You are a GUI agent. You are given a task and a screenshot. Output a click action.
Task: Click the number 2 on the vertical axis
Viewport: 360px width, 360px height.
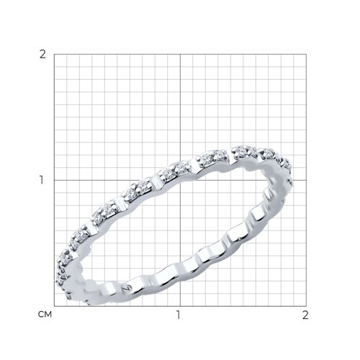[42, 55]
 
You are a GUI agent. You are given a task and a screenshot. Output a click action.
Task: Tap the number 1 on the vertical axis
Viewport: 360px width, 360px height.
[42, 180]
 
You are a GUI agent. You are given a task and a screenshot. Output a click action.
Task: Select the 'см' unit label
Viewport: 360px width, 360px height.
[45, 315]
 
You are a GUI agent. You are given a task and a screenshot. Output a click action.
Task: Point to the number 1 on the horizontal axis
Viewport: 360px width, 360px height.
[178, 315]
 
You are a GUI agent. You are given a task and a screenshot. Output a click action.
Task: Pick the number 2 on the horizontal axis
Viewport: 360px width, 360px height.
[305, 315]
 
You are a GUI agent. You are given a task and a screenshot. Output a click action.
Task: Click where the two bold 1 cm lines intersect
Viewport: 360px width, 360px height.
[180, 180]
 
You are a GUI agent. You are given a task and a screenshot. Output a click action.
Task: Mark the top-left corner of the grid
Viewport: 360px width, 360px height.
[54, 54]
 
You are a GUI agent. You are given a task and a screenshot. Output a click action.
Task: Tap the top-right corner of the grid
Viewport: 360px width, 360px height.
[306, 54]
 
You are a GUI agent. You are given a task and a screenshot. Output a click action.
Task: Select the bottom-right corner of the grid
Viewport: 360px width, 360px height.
[306, 306]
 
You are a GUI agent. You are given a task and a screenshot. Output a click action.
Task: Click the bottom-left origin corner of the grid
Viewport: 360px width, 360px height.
[54, 306]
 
